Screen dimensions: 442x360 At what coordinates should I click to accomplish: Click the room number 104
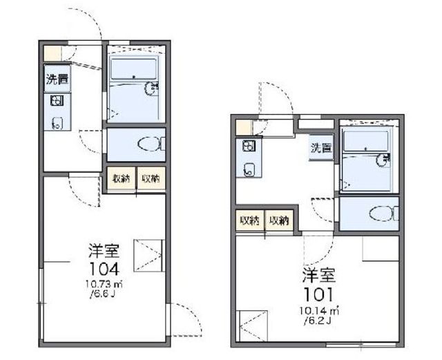(104, 269)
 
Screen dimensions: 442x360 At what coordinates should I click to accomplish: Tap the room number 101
(318, 294)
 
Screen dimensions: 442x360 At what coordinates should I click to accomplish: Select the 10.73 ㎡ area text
(104, 284)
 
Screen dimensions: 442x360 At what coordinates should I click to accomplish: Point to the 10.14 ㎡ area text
(319, 311)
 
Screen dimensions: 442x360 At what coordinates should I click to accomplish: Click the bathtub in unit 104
(133, 69)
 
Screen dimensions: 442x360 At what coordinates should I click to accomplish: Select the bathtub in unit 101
(366, 141)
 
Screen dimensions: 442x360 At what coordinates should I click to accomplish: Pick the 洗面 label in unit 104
(57, 79)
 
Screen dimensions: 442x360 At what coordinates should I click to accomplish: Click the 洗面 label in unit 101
(321, 148)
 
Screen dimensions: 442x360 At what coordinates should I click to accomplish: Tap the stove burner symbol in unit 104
(57, 101)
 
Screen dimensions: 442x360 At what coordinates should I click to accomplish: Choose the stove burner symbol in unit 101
(249, 146)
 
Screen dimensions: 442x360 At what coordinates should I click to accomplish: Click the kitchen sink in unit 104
(57, 123)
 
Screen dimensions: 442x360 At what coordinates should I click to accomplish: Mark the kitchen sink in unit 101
(249, 169)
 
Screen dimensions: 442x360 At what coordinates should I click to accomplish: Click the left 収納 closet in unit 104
(122, 178)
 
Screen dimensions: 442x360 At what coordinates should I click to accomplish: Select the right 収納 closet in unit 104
(151, 178)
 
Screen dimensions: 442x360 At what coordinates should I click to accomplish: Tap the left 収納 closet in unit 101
(250, 220)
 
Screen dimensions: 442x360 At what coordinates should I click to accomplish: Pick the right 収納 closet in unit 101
(279, 220)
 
